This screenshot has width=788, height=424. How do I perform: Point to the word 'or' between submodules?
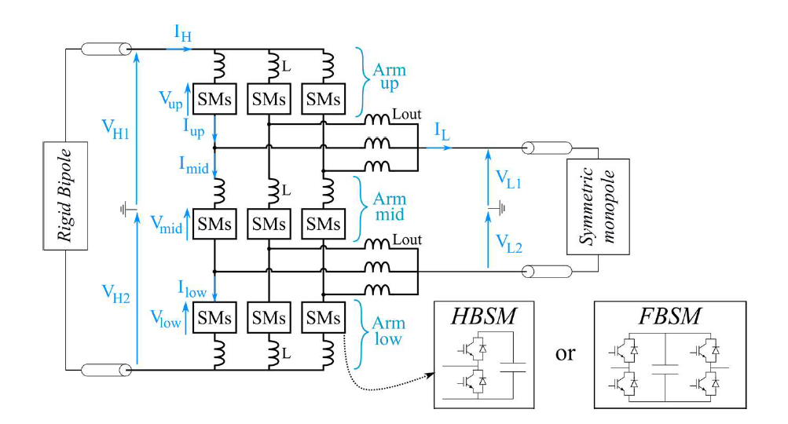(565, 354)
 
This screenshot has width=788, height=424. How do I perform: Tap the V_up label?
(174, 98)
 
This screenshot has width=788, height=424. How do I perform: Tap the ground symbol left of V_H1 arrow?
(124, 209)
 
